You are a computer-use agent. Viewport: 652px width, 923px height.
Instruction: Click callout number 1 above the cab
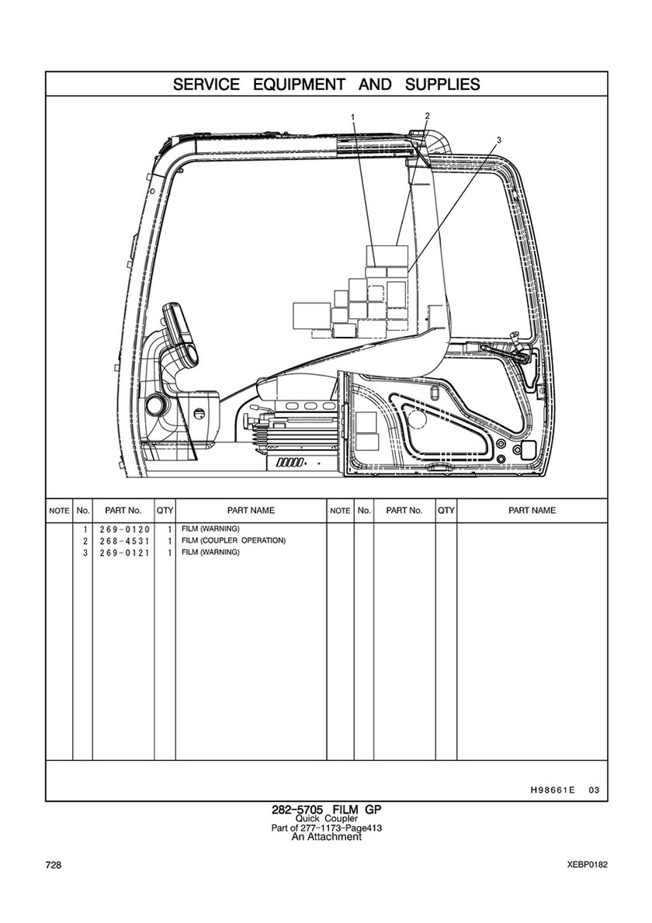point(352,118)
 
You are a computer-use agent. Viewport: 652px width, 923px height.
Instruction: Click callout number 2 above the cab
point(427,116)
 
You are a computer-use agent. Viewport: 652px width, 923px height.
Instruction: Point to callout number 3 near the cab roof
point(499,140)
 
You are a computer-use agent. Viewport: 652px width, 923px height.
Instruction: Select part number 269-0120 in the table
point(123,529)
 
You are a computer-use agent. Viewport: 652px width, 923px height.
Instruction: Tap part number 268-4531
point(123,540)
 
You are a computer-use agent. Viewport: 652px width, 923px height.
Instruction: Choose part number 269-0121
point(123,552)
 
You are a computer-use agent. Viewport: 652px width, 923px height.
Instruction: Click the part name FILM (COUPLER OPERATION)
point(234,540)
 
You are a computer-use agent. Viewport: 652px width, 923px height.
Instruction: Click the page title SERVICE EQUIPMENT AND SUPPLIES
point(326,84)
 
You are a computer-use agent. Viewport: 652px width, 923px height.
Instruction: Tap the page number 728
point(54,865)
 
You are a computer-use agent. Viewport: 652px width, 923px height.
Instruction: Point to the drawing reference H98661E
point(552,790)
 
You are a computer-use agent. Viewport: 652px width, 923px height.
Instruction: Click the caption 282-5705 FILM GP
point(326,810)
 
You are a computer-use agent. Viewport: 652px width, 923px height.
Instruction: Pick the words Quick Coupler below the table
point(326,819)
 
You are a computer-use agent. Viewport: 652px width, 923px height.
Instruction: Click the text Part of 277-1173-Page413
point(326,828)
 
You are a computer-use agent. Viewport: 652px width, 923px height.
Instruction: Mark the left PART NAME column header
point(251,511)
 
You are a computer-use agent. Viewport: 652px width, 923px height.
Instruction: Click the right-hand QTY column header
point(446,511)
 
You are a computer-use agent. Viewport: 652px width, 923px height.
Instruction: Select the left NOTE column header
point(59,511)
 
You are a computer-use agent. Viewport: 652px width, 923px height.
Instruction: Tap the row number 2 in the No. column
point(84,540)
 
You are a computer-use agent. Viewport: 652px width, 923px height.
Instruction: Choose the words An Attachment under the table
point(326,837)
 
